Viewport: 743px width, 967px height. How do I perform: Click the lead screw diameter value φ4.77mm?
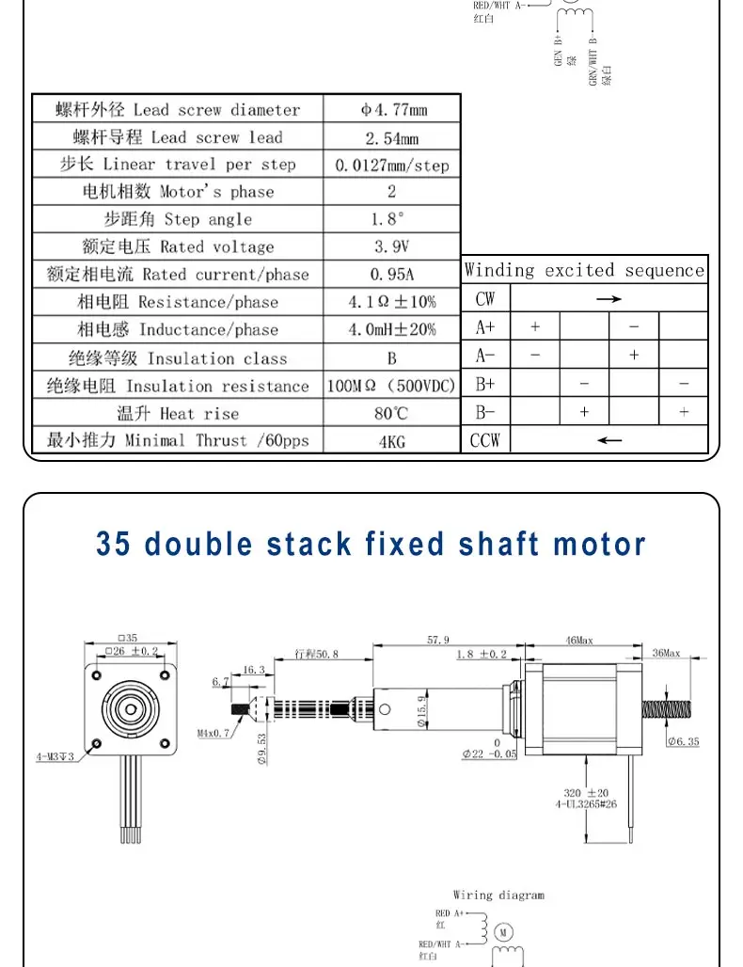pos(392,110)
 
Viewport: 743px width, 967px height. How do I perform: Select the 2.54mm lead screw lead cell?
pos(392,138)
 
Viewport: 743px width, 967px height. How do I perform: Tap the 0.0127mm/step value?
pos(392,166)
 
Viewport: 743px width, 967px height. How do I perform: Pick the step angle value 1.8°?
pos(392,220)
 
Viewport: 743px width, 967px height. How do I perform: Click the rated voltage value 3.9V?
pos(392,247)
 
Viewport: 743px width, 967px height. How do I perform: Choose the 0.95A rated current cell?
pos(392,275)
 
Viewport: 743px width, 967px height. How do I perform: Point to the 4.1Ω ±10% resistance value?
pos(392,302)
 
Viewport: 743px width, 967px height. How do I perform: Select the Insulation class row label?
pos(178,358)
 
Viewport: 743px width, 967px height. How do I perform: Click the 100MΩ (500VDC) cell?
pos(392,386)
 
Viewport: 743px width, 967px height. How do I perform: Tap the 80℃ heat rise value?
pos(392,413)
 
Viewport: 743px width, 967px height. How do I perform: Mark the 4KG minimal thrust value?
pos(392,440)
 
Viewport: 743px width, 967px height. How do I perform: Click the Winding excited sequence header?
pos(584,271)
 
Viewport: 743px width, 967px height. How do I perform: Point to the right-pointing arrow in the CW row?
pos(609,299)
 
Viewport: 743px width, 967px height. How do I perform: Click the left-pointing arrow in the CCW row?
pos(609,440)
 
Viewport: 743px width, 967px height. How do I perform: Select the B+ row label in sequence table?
pos(485,384)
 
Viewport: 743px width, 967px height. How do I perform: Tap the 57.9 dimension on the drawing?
pos(438,640)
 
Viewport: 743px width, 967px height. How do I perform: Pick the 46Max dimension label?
pos(579,640)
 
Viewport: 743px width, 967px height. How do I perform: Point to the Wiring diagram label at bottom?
pos(498,896)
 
